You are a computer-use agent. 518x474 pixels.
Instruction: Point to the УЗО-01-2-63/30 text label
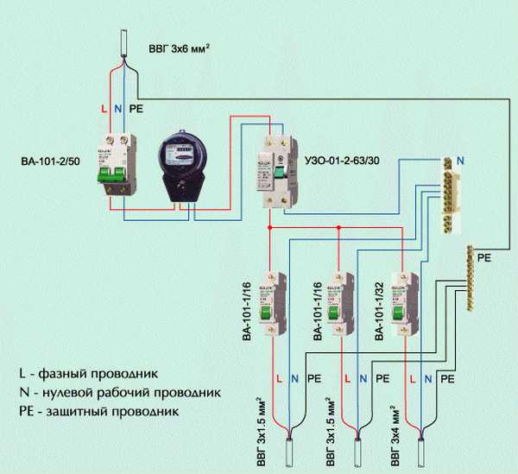click(x=344, y=161)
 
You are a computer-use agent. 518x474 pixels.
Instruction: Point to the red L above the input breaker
click(x=104, y=110)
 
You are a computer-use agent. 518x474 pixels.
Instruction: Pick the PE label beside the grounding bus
click(x=483, y=256)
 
